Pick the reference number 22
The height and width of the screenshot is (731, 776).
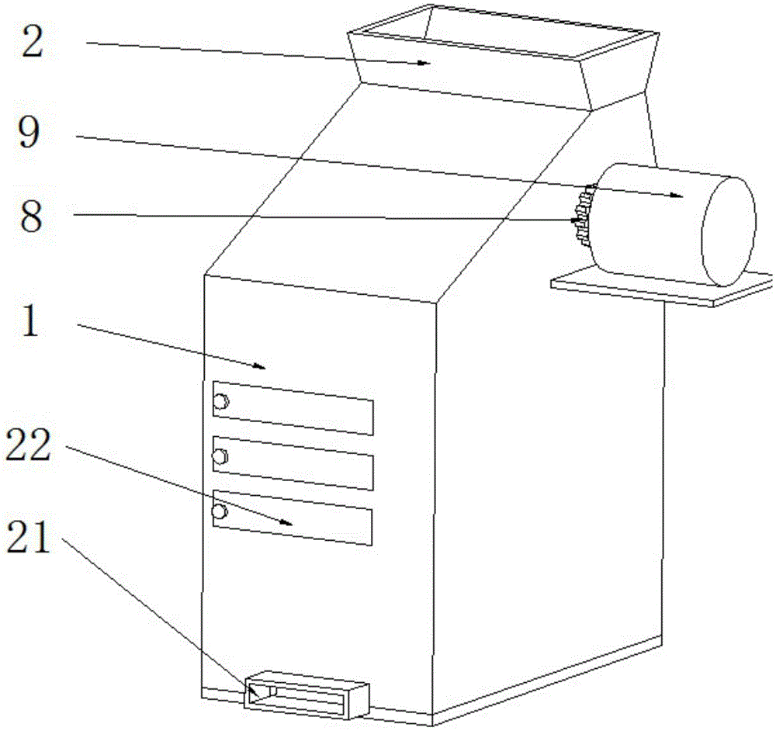tap(29, 446)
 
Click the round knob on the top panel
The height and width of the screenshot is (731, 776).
tap(221, 402)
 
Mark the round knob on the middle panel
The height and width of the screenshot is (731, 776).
tap(221, 457)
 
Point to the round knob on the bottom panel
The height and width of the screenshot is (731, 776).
tap(220, 511)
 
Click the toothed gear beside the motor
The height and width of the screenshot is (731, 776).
tap(581, 217)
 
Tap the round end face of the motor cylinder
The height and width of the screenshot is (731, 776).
tap(728, 230)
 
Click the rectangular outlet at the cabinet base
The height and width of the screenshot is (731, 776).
tap(307, 693)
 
